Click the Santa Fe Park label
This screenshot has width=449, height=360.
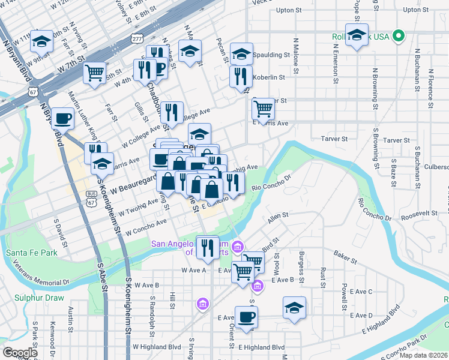click(32, 253)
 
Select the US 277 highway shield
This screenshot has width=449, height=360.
click(137, 39)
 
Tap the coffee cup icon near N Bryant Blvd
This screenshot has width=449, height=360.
click(63, 119)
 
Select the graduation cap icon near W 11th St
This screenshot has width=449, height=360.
click(42, 41)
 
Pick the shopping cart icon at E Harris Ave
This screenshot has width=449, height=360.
click(264, 109)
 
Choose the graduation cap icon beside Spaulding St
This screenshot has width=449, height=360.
click(241, 54)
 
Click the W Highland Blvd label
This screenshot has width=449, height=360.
click(157, 347)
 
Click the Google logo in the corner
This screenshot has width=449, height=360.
click(20, 352)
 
